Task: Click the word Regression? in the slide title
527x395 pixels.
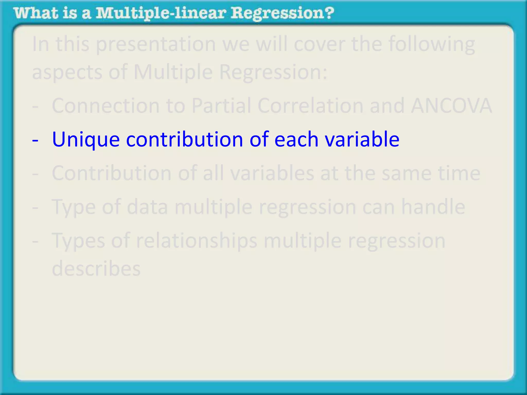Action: coord(282,13)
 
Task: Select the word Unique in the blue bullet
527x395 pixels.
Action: coord(86,140)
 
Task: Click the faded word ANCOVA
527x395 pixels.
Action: coord(451,106)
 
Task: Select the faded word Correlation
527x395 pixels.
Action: coord(310,106)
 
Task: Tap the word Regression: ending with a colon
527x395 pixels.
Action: coord(273,72)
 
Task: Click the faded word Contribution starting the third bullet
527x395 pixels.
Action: coord(112,173)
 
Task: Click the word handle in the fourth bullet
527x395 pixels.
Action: coord(433,207)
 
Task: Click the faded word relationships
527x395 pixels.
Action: coord(197,241)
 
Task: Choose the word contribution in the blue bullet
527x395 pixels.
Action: coord(185,139)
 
